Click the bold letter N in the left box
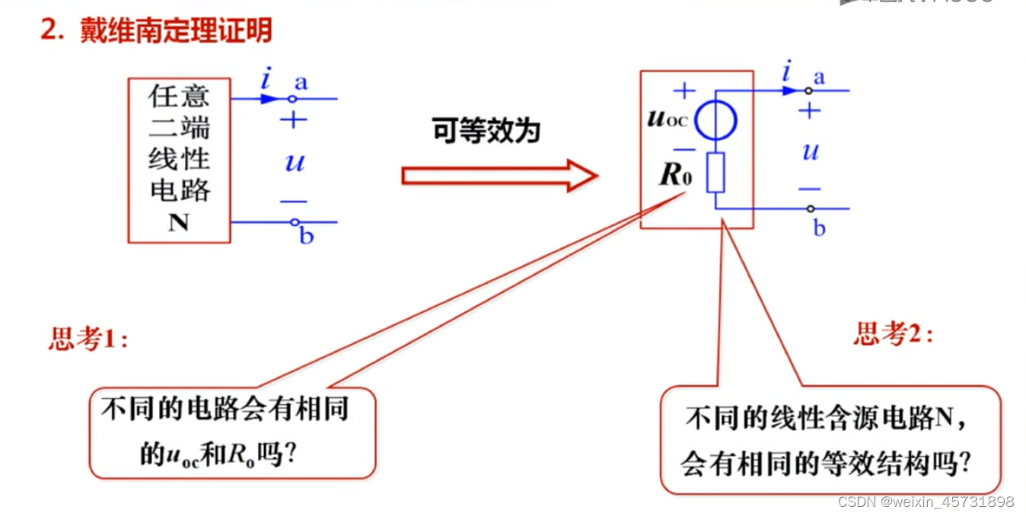pyautogui.click(x=178, y=223)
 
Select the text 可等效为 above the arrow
pyautogui.click(x=486, y=130)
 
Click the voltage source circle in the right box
pyautogui.click(x=715, y=120)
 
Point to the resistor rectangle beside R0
pyautogui.click(x=715, y=173)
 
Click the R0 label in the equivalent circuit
pyautogui.click(x=676, y=176)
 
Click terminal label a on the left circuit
pyautogui.click(x=301, y=82)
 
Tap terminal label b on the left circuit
pyautogui.click(x=306, y=237)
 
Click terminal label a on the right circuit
pyautogui.click(x=819, y=77)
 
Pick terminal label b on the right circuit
pyautogui.click(x=820, y=228)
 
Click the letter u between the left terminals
pyautogui.click(x=294, y=161)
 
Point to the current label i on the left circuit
pyautogui.click(x=266, y=78)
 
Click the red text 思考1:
pyautogui.click(x=88, y=339)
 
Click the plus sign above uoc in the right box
pyautogui.click(x=684, y=91)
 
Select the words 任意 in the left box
pyautogui.click(x=179, y=97)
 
